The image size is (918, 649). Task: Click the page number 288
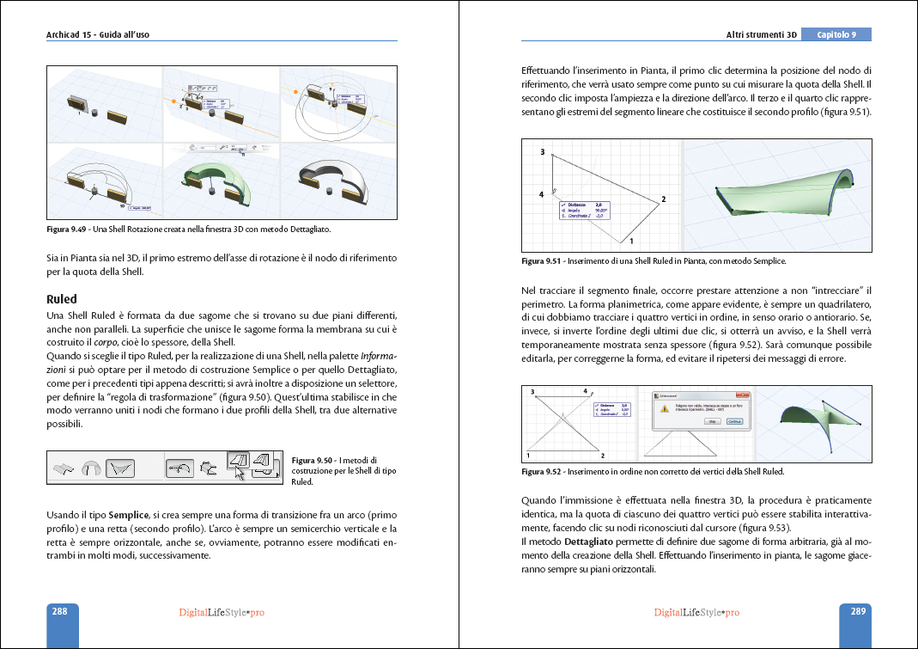coord(60,612)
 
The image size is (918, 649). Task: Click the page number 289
coord(857,612)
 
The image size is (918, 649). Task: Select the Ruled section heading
coord(62,299)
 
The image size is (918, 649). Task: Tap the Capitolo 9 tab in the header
coord(836,35)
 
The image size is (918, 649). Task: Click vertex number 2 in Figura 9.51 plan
coord(663,199)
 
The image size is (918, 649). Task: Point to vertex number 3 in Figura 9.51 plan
coord(543,151)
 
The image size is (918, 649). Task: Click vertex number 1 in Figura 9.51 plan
coord(632,240)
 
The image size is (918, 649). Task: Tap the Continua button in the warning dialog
coord(735,422)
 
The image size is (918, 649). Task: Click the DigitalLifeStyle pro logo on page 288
coord(221,613)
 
